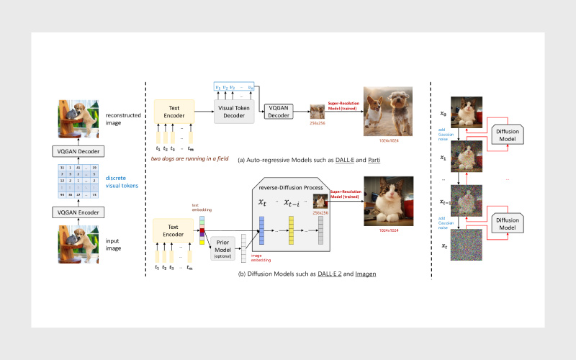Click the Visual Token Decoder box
point(235,111)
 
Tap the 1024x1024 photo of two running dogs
point(388,108)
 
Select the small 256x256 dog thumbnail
point(318,111)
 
